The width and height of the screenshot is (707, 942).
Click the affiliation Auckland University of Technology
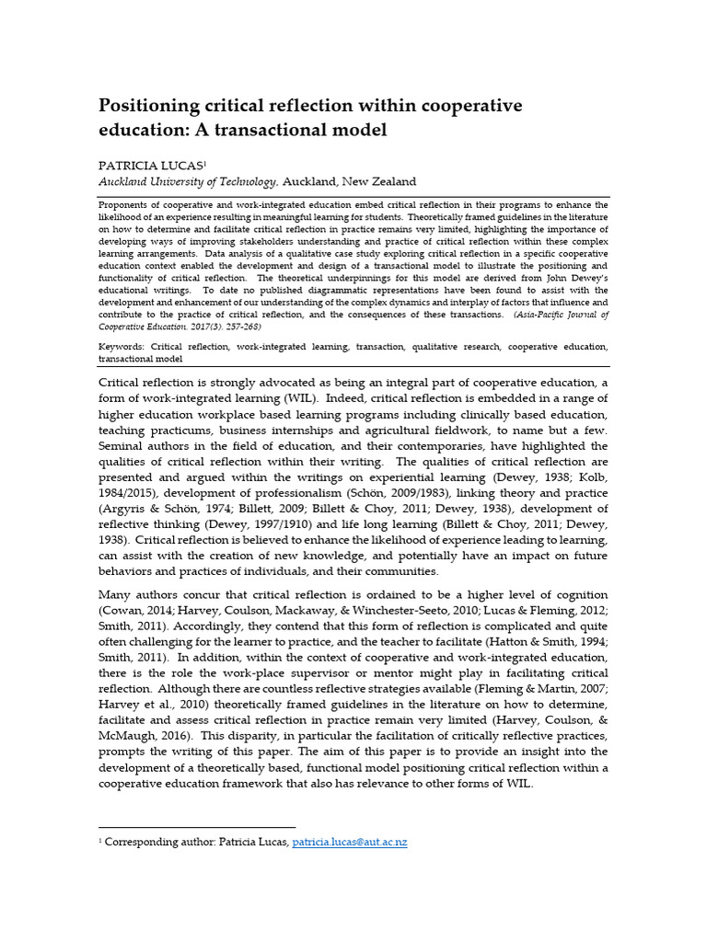(187, 182)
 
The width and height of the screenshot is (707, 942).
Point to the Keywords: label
(122, 347)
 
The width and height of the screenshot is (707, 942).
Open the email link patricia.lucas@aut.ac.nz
(349, 843)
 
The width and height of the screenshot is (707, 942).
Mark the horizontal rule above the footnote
(197, 827)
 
